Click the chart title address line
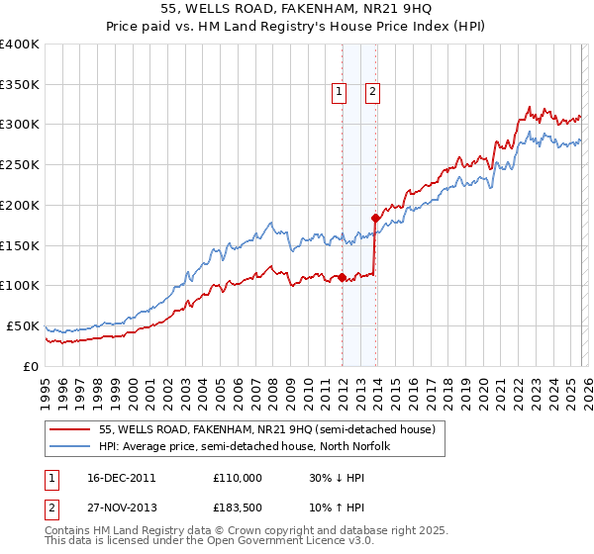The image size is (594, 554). coord(296,8)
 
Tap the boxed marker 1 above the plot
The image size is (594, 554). coord(340,92)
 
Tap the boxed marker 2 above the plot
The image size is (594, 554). coord(373,92)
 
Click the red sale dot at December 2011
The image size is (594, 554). coord(342,277)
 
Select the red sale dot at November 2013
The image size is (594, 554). coord(375,218)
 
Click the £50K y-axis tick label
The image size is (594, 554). coord(24,325)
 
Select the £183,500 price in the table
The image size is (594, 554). coord(238,510)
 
